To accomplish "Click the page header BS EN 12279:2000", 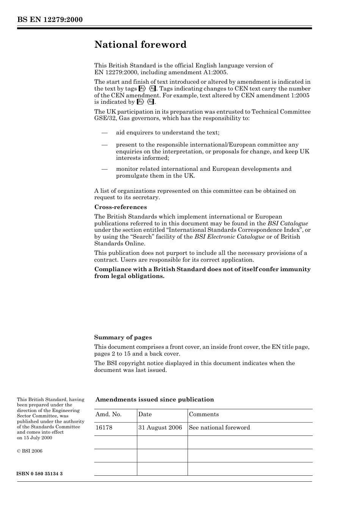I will (50, 20).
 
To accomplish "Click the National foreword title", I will (140, 45).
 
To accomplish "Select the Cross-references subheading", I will (120, 207).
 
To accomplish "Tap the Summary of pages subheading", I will (123, 337).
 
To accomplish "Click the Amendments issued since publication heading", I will (154, 400).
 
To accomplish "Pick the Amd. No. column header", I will (108, 414).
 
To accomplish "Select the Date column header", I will (145, 414).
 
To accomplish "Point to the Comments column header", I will (203, 414).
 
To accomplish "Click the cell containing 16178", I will (104, 428).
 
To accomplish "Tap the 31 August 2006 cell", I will (160, 428).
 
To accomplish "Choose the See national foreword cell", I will (219, 428).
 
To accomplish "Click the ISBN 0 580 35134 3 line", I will (40, 474).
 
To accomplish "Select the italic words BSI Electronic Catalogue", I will (229, 237).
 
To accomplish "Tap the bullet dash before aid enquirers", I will (104, 133).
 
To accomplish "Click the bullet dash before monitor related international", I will (104, 169).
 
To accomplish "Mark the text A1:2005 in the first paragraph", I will (215, 72).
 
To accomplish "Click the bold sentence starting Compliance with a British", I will (202, 273).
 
